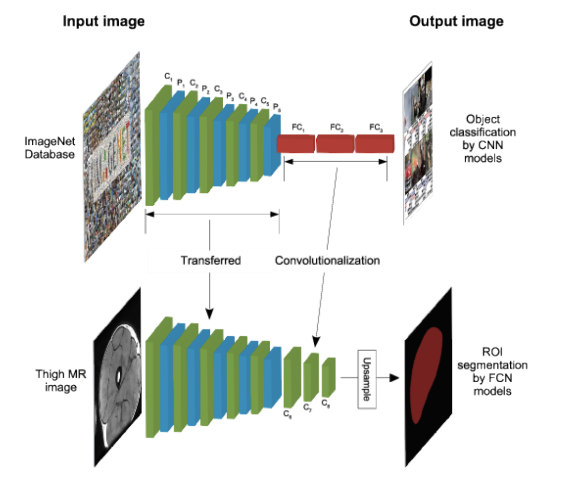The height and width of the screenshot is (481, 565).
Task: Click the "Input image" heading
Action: tap(103, 21)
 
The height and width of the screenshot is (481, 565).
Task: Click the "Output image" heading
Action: tap(455, 21)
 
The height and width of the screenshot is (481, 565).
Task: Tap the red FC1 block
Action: tap(296, 144)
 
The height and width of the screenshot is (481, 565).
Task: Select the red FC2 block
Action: tap(335, 144)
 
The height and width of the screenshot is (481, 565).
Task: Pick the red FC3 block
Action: tap(374, 144)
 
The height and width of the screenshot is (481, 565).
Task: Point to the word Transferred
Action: tap(210, 260)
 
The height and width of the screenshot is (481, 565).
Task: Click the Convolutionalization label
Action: tap(328, 260)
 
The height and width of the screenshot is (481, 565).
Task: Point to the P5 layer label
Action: tap(276, 107)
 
